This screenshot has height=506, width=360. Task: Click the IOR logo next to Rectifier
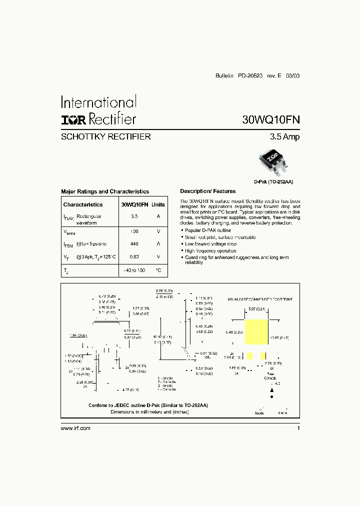73,119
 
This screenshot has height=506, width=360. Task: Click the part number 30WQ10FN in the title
271,120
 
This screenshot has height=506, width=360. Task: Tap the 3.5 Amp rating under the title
284,136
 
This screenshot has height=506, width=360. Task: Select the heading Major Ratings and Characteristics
105,191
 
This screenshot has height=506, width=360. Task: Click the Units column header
158,204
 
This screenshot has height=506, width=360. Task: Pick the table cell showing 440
134,243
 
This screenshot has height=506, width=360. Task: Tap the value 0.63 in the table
134,256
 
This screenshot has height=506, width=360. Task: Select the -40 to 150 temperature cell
134,270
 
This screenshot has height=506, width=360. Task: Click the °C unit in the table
158,270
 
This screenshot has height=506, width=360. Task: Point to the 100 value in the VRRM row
134,231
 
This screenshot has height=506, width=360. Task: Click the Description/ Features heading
207,191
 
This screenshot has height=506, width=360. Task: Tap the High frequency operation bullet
210,251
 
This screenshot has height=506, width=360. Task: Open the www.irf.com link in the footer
75,428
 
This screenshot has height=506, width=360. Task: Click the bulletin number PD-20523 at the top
250,76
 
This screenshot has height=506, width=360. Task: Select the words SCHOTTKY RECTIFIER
105,137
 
